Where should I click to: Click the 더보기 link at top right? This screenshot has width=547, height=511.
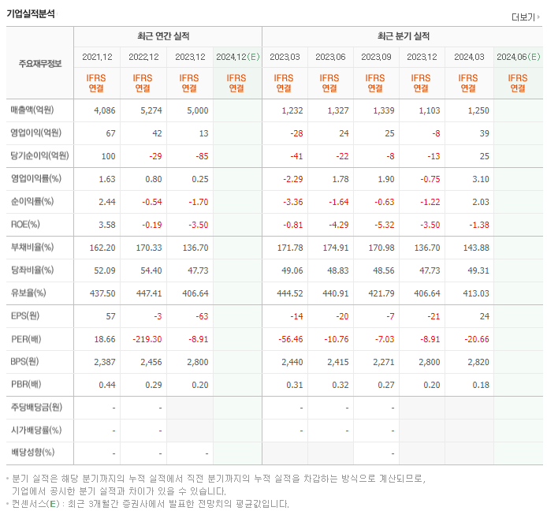pyautogui.click(x=525, y=17)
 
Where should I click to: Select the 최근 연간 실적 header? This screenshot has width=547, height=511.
pyautogui.click(x=167, y=36)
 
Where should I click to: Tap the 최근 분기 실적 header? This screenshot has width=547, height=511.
pyautogui.click(x=402, y=36)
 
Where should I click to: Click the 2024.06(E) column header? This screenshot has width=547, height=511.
pyautogui.click(x=517, y=57)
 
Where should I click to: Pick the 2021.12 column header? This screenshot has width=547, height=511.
pyautogui.click(x=97, y=57)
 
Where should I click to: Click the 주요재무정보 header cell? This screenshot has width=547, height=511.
pyautogui.click(x=39, y=63)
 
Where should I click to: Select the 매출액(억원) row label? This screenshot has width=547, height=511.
pyautogui.click(x=35, y=110)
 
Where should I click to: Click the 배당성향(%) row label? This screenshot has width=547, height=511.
pyautogui.click(x=32, y=453)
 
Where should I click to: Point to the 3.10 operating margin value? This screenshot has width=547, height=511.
pyautogui.click(x=478, y=179)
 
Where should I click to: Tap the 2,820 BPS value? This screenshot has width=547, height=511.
pyautogui.click(x=477, y=361)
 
